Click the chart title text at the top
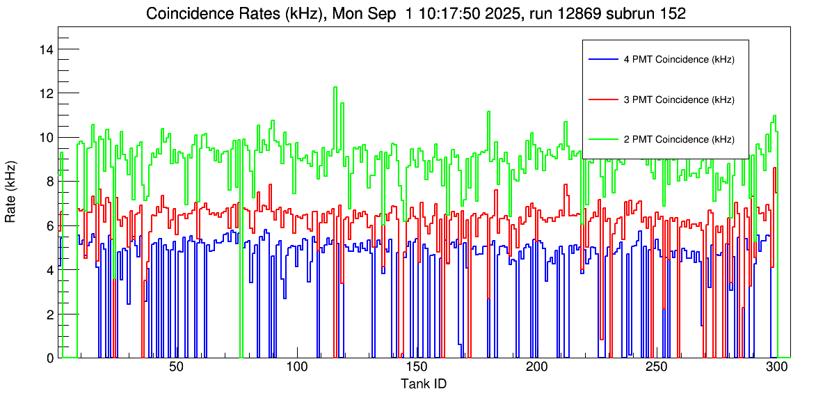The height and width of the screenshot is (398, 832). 415,14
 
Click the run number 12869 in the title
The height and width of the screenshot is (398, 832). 577,14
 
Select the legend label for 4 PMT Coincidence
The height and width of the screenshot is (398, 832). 678,60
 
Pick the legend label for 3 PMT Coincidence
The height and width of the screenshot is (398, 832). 678,99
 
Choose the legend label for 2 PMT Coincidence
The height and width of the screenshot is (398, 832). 678,139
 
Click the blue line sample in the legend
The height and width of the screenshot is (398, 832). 602,60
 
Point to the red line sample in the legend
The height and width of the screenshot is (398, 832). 602,99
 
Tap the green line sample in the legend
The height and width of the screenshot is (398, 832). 602,139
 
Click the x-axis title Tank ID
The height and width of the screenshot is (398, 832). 424,383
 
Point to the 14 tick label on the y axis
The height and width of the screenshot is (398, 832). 47,49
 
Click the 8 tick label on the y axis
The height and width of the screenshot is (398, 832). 50,182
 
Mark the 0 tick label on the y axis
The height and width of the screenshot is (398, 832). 50,358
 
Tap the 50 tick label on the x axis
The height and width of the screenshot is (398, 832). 176,369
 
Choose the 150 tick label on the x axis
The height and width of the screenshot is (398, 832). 416,369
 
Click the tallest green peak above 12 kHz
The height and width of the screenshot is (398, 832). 336,88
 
